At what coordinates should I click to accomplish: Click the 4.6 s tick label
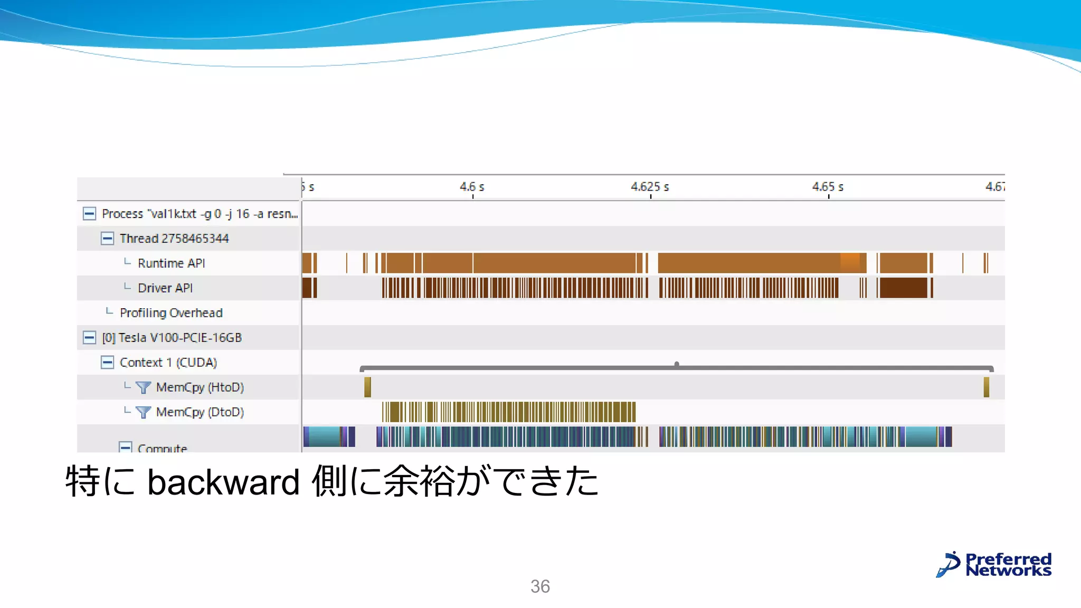pyautogui.click(x=471, y=187)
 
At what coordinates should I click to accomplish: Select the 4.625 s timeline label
pyautogui.click(x=650, y=187)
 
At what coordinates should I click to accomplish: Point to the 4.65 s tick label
pyautogui.click(x=828, y=187)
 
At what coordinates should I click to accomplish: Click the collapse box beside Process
pyautogui.click(x=89, y=214)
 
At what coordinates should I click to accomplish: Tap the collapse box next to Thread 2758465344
pyautogui.click(x=107, y=239)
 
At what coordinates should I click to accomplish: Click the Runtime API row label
pyautogui.click(x=171, y=263)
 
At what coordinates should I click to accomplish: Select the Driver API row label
pyautogui.click(x=165, y=288)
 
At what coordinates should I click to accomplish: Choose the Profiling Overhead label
pyautogui.click(x=171, y=313)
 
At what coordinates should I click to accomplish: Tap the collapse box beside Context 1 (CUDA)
pyautogui.click(x=107, y=363)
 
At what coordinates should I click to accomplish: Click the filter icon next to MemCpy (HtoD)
pyautogui.click(x=143, y=387)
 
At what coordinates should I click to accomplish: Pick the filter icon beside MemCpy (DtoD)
pyautogui.click(x=143, y=412)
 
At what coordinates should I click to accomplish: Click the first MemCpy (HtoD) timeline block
pyautogui.click(x=367, y=387)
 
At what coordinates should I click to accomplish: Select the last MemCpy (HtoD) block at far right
pyautogui.click(x=986, y=387)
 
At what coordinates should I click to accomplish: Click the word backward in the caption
pyautogui.click(x=223, y=482)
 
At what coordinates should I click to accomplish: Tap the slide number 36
pyautogui.click(x=540, y=586)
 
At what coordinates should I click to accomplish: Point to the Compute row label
pyautogui.click(x=162, y=448)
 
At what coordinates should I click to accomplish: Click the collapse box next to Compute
pyautogui.click(x=125, y=448)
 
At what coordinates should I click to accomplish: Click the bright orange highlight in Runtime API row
pyautogui.click(x=850, y=263)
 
